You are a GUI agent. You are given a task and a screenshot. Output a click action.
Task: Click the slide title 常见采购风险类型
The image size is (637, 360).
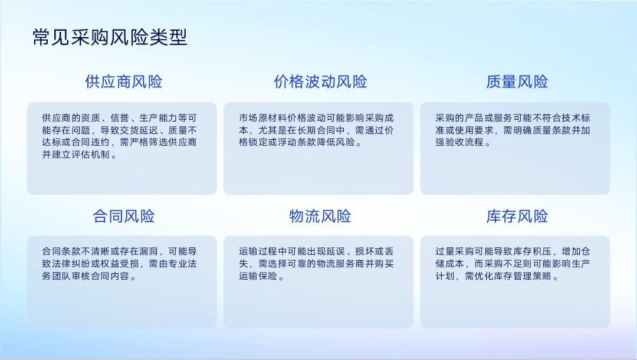click(110, 38)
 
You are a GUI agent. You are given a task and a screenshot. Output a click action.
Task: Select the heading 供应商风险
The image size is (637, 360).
click(123, 82)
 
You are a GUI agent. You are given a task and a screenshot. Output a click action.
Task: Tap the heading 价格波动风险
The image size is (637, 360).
click(320, 82)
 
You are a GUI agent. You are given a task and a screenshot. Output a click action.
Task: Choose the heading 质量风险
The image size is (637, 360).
click(517, 82)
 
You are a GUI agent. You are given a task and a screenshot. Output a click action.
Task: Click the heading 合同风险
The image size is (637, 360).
click(123, 216)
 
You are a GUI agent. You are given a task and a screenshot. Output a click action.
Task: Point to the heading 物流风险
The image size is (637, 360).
click(320, 216)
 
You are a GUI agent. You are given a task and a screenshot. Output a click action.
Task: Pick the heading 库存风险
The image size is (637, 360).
click(517, 216)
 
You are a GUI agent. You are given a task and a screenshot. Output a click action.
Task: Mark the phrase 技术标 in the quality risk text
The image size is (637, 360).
click(576, 117)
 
